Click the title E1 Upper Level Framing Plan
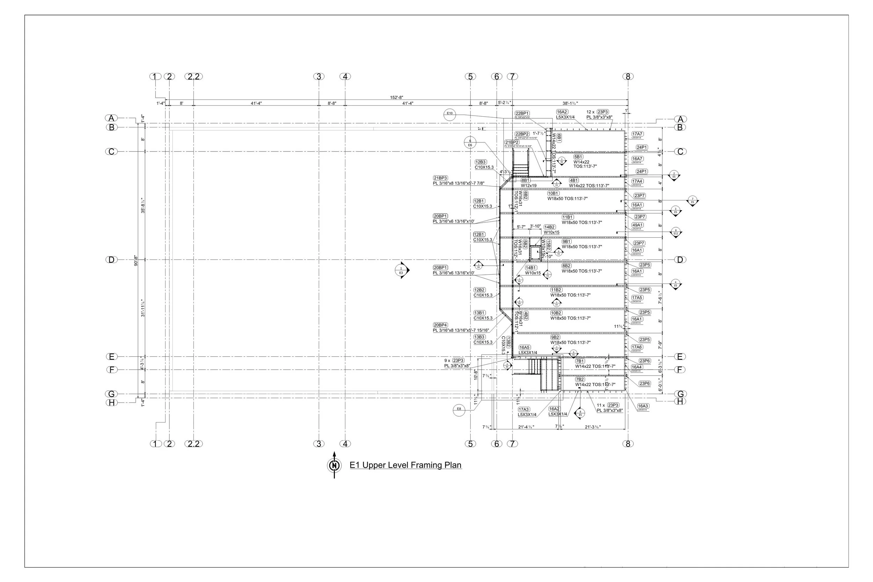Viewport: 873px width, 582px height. click(x=405, y=465)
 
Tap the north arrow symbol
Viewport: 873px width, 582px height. click(x=335, y=465)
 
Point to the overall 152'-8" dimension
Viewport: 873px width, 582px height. click(x=396, y=98)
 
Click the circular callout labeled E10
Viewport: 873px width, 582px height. click(x=450, y=113)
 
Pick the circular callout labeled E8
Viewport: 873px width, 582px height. click(x=459, y=409)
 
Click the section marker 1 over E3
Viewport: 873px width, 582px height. click(x=401, y=270)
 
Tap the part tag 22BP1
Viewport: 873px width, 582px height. click(x=522, y=113)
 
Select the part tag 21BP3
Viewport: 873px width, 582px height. click(x=440, y=178)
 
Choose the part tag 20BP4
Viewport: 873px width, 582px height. click(x=440, y=325)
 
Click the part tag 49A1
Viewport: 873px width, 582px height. click(x=638, y=225)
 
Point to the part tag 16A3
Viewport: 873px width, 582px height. click(x=643, y=406)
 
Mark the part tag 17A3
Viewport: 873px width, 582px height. click(x=524, y=410)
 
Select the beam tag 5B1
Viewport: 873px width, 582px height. click(x=578, y=157)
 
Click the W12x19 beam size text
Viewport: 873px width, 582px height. click(x=529, y=186)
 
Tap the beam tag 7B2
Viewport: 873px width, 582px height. click(x=580, y=380)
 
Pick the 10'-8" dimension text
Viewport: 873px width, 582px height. click(x=476, y=375)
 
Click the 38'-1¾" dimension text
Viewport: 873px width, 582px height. click(x=570, y=104)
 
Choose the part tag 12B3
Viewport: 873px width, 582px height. click(x=480, y=162)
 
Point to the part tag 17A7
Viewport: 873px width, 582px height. click(x=637, y=134)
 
